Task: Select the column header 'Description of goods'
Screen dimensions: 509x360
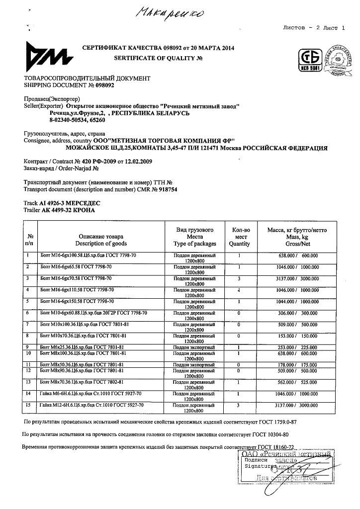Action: click(x=101, y=244)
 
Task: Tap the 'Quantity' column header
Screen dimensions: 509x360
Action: click(x=239, y=244)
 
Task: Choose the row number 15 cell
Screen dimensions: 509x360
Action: click(x=30, y=406)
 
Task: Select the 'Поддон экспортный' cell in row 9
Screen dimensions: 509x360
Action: click(x=194, y=346)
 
